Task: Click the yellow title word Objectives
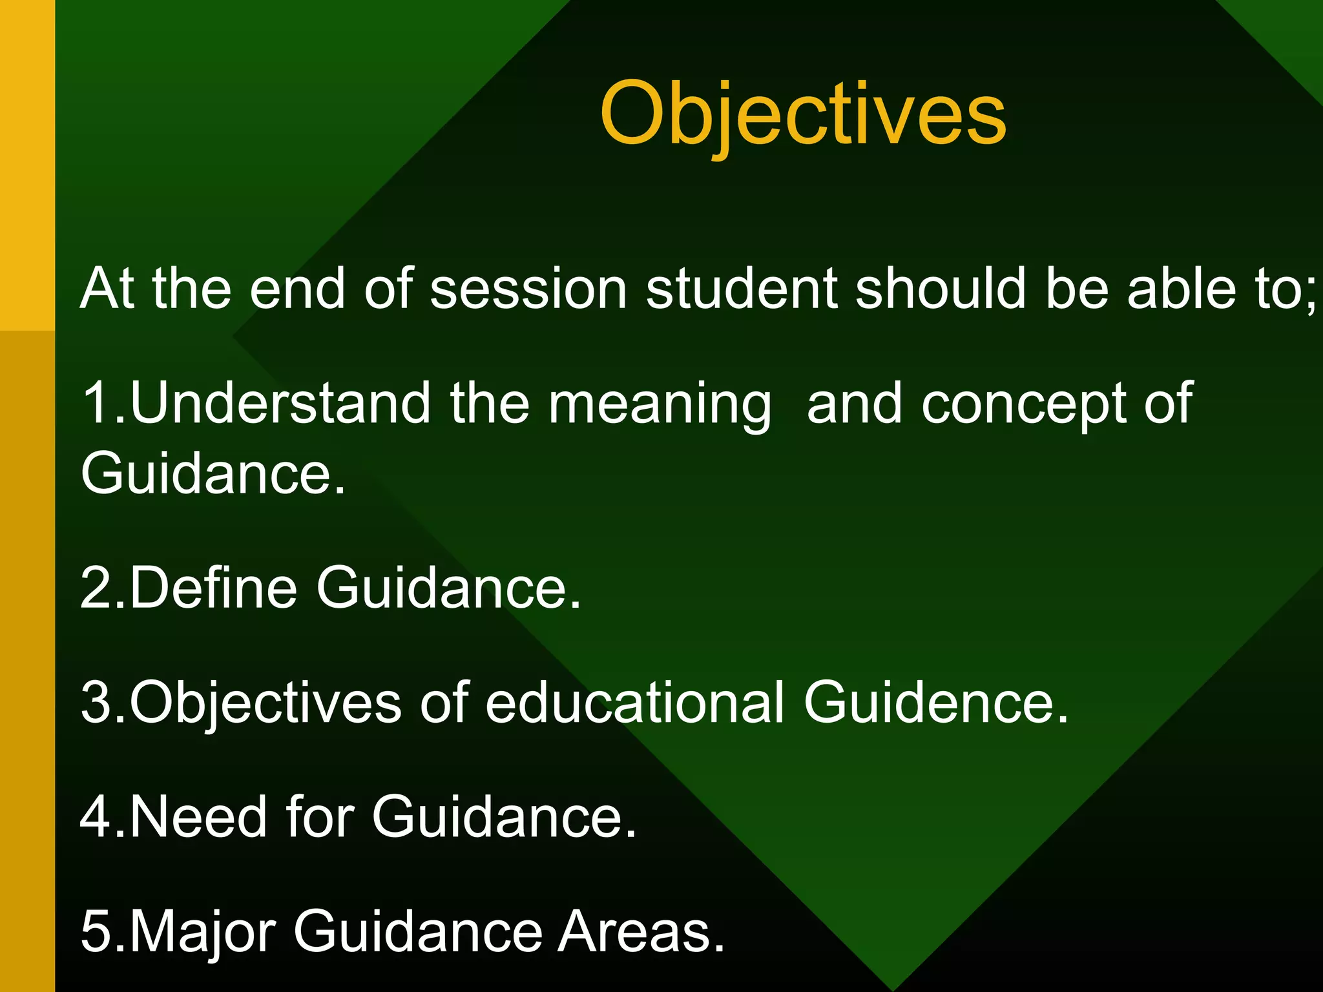(x=802, y=115)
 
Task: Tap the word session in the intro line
(x=528, y=289)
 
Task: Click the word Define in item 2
(x=213, y=587)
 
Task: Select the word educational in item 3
(x=635, y=703)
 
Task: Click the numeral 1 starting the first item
(x=97, y=404)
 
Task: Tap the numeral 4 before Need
(x=97, y=817)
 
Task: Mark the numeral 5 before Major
(x=97, y=932)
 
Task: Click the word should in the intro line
(x=941, y=289)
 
